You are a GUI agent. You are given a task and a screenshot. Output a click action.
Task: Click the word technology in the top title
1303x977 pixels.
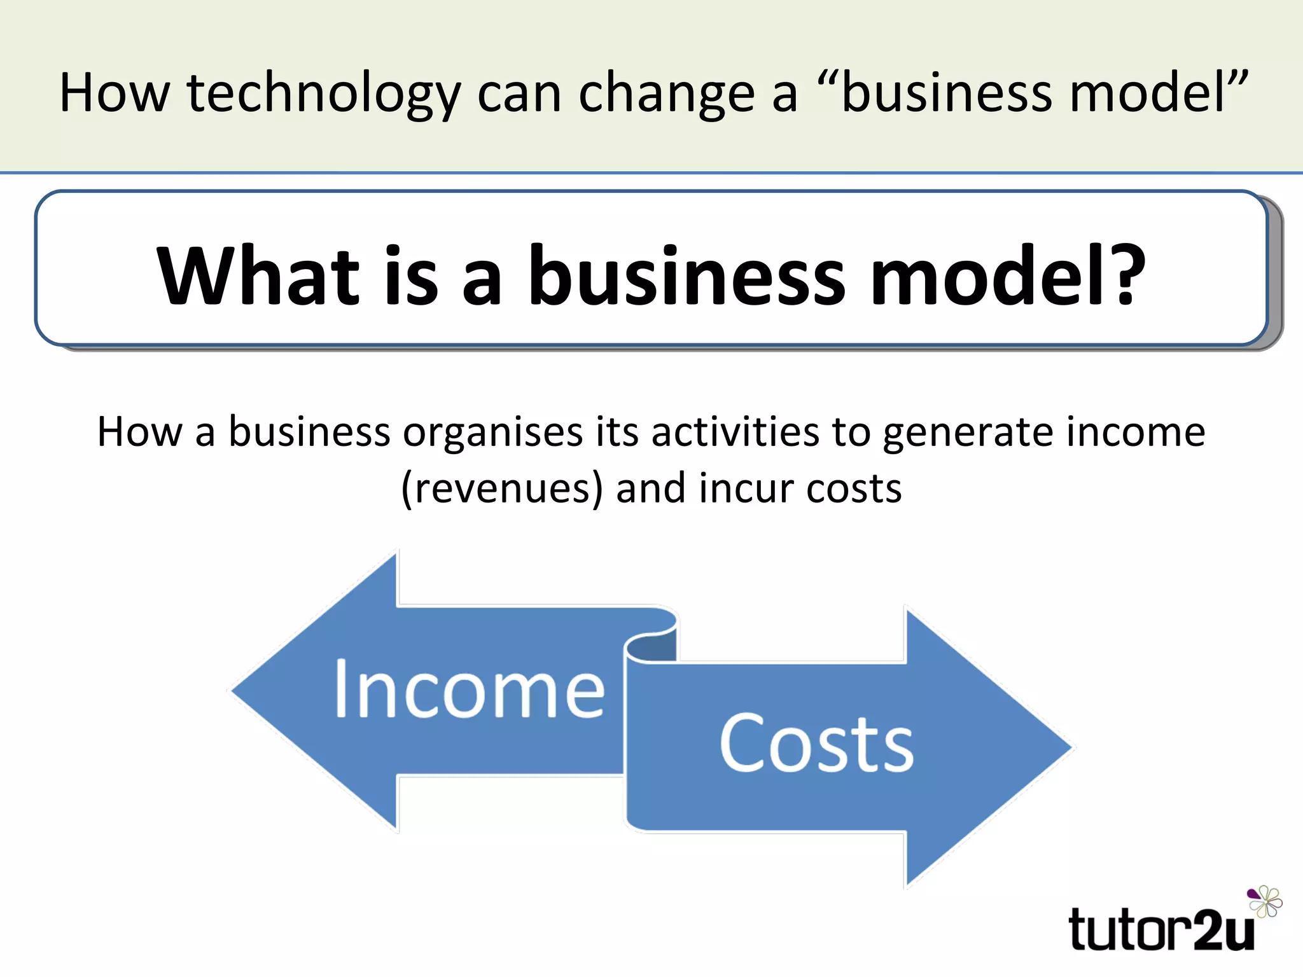point(323,94)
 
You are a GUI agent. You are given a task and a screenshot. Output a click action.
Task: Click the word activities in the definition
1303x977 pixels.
point(735,433)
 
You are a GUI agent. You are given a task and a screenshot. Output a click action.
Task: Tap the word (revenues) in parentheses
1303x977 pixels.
point(501,488)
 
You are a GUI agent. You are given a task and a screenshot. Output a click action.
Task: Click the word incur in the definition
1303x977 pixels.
point(745,488)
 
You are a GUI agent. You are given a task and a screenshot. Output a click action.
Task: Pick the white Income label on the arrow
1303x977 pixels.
point(470,690)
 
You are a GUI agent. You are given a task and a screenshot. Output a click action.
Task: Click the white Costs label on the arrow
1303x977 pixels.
point(816,743)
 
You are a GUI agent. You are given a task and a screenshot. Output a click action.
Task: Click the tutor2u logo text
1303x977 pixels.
point(1161,931)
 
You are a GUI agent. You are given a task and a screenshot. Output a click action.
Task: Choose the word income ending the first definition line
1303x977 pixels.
point(1136,433)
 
